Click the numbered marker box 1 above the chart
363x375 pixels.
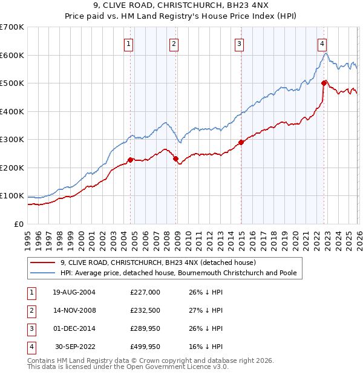[129, 43]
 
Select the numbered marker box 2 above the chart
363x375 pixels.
[174, 43]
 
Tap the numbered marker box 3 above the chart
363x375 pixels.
[239, 43]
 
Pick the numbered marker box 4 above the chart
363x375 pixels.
[323, 43]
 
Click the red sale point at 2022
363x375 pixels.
[324, 83]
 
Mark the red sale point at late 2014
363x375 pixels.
[241, 142]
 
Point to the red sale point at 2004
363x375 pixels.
[130, 160]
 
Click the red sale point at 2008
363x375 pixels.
[175, 158]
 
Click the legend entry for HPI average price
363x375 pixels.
[178, 273]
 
